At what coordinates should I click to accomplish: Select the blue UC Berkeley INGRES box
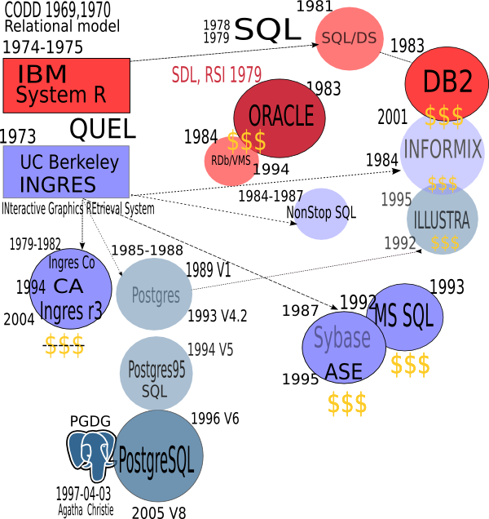tap(66, 171)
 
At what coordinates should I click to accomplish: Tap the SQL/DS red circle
tap(349, 38)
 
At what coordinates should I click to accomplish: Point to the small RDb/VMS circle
tap(231, 160)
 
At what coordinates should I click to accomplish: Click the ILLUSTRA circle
tap(442, 219)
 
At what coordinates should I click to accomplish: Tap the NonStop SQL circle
tap(321, 213)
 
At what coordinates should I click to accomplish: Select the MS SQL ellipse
tap(405, 316)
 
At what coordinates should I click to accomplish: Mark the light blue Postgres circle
tap(155, 295)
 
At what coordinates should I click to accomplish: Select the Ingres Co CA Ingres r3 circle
tap(71, 286)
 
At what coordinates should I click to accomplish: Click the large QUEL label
tap(102, 129)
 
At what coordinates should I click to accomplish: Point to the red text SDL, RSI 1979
tap(216, 75)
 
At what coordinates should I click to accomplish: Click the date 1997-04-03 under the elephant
tap(83, 495)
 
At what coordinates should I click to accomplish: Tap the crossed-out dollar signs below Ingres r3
tap(64, 346)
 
